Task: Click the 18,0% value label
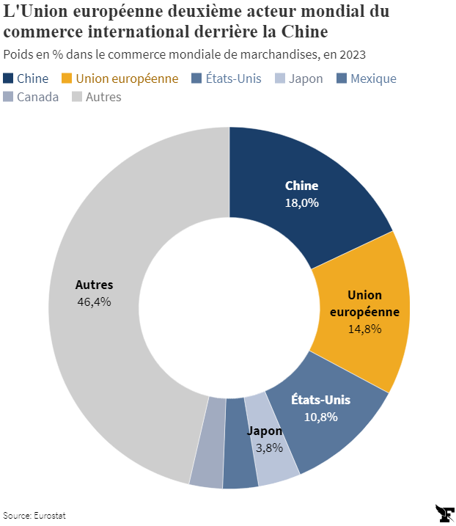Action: (x=301, y=202)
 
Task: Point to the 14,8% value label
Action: (x=364, y=329)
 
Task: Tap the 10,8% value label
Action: (x=320, y=417)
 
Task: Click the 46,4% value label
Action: (x=94, y=302)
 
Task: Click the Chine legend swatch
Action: (x=8, y=78)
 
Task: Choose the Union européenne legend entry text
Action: (x=127, y=78)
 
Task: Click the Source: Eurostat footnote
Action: (x=34, y=515)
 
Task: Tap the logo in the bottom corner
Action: (x=444, y=513)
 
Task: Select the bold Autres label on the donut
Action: (x=94, y=285)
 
